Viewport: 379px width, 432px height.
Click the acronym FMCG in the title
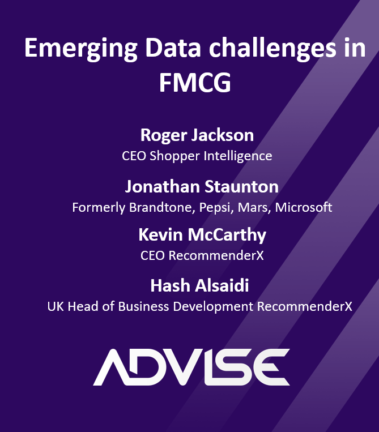195,83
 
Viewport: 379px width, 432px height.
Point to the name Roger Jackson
197,136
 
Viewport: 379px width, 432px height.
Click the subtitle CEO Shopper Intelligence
197,156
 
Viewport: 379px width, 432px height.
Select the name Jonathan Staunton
202,187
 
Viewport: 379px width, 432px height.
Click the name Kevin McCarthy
202,235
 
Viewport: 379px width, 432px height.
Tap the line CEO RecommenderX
202,255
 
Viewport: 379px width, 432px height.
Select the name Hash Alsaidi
199,286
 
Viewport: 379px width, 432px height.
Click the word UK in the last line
55,306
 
